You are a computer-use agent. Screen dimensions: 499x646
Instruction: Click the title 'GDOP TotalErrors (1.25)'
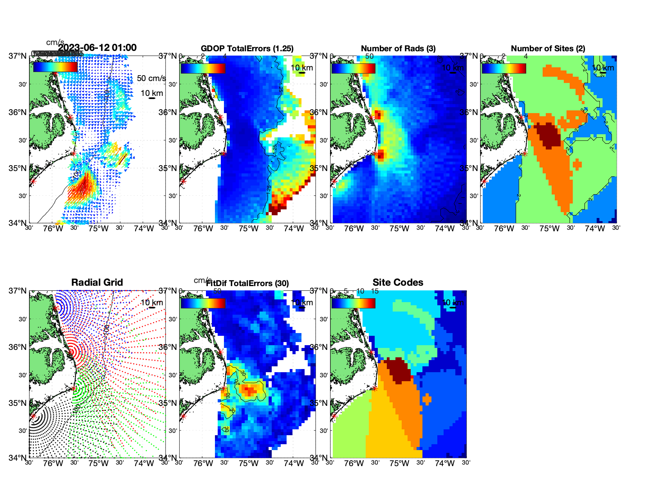click(247, 49)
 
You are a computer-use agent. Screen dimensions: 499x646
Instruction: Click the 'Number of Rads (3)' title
click(398, 49)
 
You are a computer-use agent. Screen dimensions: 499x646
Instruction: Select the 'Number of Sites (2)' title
click(548, 49)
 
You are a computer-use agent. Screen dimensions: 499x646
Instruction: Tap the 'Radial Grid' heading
click(97, 283)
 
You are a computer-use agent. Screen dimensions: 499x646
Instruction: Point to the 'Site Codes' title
click(398, 283)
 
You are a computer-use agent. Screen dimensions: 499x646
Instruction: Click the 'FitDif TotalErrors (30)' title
click(247, 283)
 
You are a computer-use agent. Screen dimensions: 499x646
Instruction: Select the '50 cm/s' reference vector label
click(151, 78)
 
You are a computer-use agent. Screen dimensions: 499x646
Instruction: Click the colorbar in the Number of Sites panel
click(504, 68)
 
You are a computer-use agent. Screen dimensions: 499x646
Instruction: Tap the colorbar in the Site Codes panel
click(353, 303)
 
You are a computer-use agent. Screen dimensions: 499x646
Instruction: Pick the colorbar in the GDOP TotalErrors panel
click(203, 68)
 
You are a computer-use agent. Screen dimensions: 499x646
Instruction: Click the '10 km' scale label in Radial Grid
click(152, 303)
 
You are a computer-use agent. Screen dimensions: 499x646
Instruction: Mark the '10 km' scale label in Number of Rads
click(453, 68)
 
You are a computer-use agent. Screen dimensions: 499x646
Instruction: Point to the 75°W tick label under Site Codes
click(399, 464)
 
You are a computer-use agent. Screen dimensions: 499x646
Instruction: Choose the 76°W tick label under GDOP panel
click(203, 229)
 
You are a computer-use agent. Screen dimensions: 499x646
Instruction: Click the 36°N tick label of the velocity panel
click(18, 112)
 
